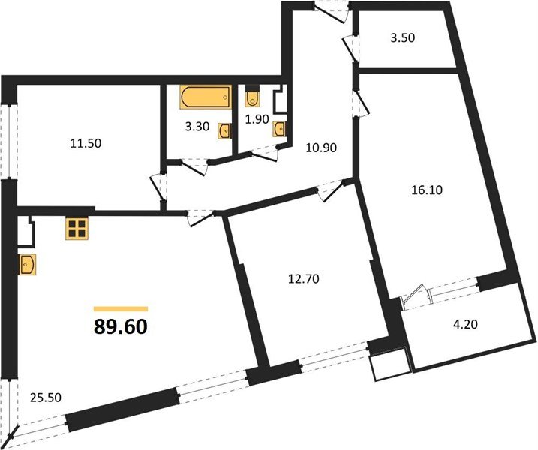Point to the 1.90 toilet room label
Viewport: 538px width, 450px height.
pos(259,118)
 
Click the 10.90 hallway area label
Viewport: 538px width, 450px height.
pos(321,148)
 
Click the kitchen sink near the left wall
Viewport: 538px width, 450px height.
pos(28,263)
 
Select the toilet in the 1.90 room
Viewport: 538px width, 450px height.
pos(252,97)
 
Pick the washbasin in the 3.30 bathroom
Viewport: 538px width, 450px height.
pos(224,132)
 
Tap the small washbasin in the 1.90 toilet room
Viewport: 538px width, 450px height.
pos(280,129)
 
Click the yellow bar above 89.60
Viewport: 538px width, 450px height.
pos(120,308)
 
